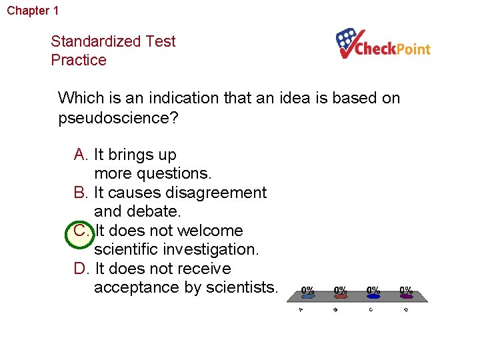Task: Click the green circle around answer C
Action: click(x=81, y=231)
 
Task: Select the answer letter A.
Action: click(x=81, y=155)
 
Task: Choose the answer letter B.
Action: click(x=81, y=193)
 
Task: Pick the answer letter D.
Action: click(x=81, y=269)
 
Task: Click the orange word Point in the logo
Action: click(x=413, y=49)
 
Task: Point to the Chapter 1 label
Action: click(x=33, y=11)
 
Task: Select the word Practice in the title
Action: click(x=78, y=60)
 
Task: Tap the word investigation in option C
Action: click(x=215, y=249)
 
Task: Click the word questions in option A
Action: click(x=175, y=173)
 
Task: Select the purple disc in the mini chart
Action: click(x=405, y=297)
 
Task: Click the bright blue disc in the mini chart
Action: click(x=373, y=297)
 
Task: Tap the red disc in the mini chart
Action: click(x=340, y=297)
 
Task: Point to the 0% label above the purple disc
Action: click(x=405, y=290)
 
